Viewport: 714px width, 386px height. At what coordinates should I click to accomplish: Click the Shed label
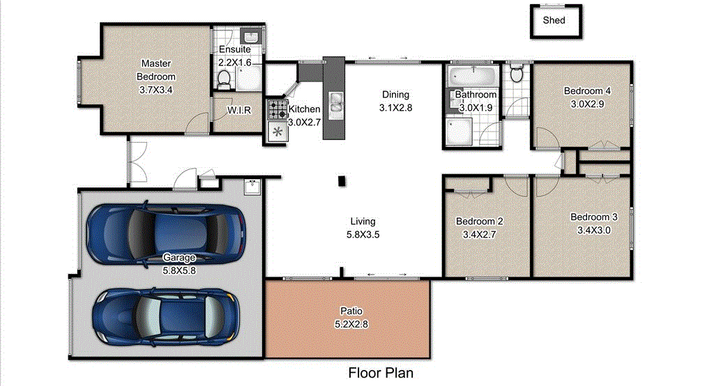tap(554, 21)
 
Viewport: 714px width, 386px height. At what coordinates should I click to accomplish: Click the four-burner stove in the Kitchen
tap(278, 109)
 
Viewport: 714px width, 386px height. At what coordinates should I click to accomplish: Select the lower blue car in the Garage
tap(165, 316)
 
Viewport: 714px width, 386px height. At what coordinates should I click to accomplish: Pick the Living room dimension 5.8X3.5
tap(363, 235)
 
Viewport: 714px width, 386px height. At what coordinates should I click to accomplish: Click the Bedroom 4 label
tap(587, 91)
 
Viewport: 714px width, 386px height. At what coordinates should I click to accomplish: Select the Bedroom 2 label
tap(479, 222)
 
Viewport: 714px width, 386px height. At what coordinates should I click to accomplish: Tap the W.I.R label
tap(239, 111)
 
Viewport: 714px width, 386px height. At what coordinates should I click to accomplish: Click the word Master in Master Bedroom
tap(155, 63)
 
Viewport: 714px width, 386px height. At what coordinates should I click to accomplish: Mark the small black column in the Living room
tap(342, 181)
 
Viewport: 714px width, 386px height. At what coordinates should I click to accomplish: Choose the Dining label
tap(395, 95)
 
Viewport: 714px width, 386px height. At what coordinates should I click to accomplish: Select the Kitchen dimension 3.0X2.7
tap(304, 123)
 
